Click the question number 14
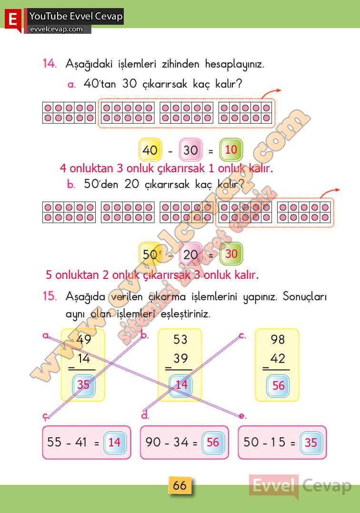50,64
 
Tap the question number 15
50,296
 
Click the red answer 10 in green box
231,150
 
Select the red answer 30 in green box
231,254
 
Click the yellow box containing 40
150,150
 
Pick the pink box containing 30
190,150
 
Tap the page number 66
180,485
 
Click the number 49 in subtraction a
84,340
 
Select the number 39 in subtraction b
180,358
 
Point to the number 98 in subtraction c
278,339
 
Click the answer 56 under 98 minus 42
278,385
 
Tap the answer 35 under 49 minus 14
83,385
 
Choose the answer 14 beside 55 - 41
114,442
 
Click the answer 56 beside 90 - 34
212,442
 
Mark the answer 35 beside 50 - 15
310,443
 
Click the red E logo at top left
12,19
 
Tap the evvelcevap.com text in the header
56,29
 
